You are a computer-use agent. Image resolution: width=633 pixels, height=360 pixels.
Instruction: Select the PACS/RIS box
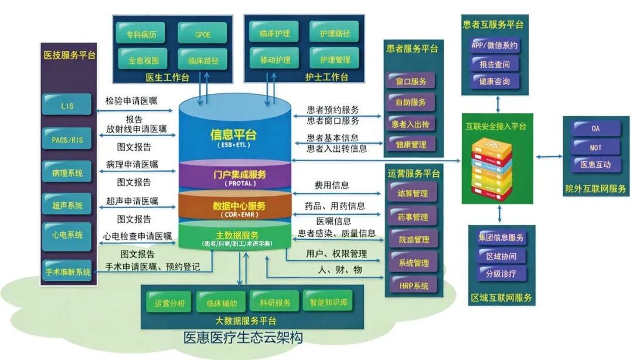click(x=67, y=139)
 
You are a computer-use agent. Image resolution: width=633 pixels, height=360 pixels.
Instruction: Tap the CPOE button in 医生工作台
click(x=203, y=33)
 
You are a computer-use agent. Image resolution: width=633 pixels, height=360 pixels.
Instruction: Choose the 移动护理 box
click(x=275, y=59)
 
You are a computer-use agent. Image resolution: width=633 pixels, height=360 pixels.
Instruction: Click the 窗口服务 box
click(x=411, y=81)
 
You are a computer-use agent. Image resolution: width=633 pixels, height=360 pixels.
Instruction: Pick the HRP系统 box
click(x=413, y=286)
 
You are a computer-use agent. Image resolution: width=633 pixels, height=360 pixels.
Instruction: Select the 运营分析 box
click(x=170, y=303)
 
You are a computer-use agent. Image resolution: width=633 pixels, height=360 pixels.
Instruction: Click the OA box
click(x=595, y=128)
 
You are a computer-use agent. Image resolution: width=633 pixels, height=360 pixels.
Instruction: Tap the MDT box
click(x=595, y=147)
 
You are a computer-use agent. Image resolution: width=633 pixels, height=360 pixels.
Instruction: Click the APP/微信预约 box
click(x=494, y=45)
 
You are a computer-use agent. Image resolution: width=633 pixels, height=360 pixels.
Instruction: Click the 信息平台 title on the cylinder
click(x=233, y=134)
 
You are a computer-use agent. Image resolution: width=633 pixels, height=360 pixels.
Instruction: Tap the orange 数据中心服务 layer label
click(x=239, y=206)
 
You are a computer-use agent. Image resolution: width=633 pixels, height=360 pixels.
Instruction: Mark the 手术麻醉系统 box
click(x=67, y=272)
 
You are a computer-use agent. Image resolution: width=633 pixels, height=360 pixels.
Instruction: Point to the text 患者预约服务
click(x=333, y=110)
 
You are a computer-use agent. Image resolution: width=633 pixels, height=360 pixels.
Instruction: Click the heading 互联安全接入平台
click(x=496, y=126)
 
